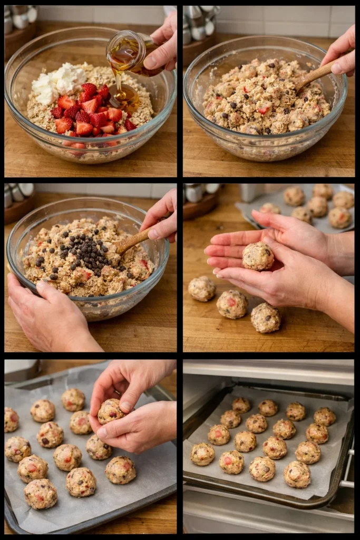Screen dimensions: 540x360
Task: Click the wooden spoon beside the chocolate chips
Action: point(132,240)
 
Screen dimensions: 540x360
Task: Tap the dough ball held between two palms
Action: point(258,256)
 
